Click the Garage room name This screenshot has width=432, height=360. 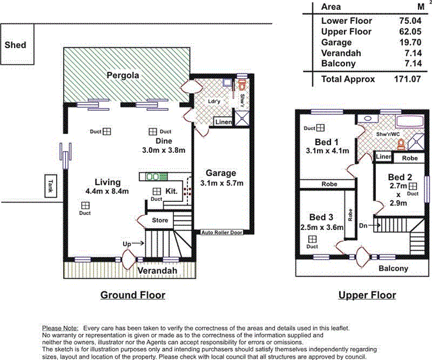coord(221,173)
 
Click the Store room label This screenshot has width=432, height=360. coord(160,221)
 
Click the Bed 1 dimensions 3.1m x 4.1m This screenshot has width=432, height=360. coord(327,151)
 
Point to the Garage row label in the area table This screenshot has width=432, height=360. coord(337,43)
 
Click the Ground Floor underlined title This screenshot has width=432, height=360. coord(132,295)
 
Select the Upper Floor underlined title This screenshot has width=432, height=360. coord(367,295)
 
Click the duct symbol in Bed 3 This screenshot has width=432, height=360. coord(312,239)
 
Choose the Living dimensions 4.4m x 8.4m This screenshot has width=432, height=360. coord(104,191)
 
